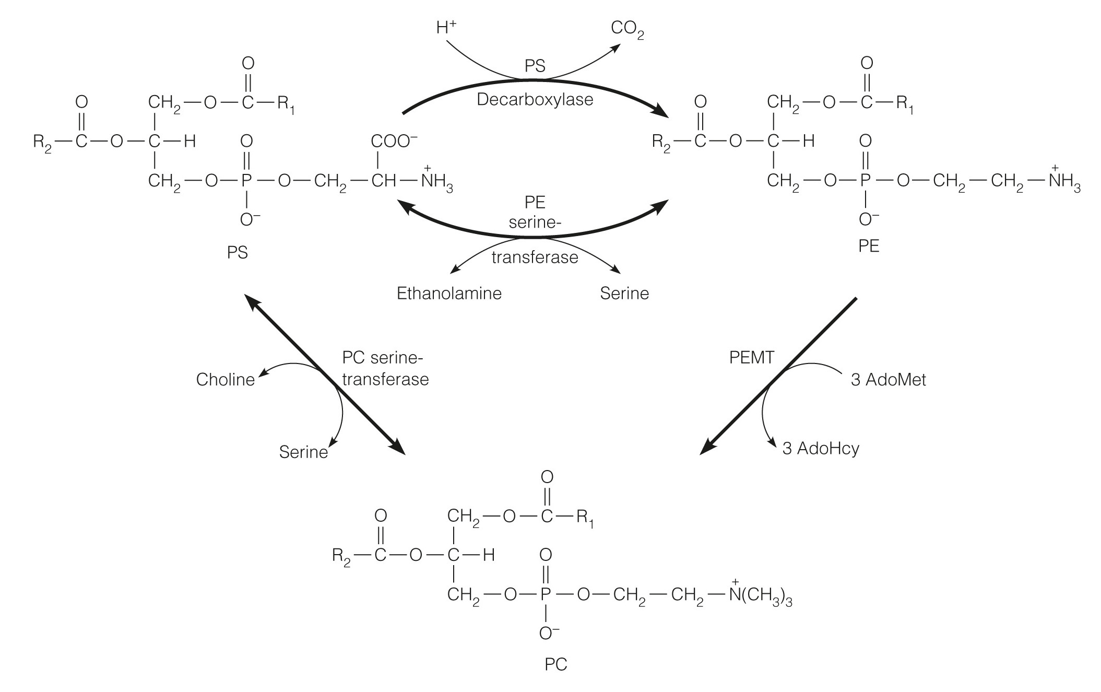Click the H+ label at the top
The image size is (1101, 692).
(x=446, y=28)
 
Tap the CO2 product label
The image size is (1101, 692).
(x=627, y=30)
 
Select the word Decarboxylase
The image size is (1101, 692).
(x=535, y=99)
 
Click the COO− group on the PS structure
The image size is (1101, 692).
(x=394, y=142)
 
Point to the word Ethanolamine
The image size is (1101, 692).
(x=449, y=294)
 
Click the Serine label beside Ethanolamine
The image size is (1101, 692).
(x=624, y=294)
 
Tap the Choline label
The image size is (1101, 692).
(x=225, y=380)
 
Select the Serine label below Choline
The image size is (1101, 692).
(x=303, y=452)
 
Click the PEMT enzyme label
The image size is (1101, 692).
(x=751, y=358)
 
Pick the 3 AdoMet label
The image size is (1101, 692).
(x=888, y=380)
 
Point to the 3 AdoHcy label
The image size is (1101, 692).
(x=820, y=449)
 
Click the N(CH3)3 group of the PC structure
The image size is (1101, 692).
(x=760, y=595)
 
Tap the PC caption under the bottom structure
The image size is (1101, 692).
(x=555, y=664)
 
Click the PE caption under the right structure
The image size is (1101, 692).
(x=868, y=246)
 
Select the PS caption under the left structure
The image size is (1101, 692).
(x=237, y=253)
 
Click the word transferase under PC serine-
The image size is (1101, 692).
(x=385, y=380)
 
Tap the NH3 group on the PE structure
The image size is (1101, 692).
(x=1063, y=182)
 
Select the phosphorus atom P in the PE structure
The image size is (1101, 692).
(x=865, y=181)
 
